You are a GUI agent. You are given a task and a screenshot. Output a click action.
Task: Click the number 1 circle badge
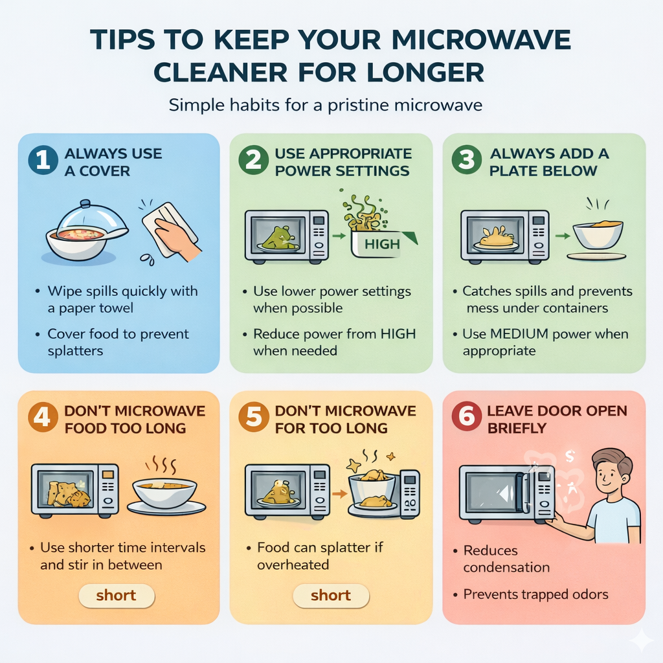[43, 162]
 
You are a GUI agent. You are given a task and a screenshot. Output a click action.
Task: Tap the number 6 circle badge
[466, 418]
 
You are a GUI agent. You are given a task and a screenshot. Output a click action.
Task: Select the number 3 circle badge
[467, 162]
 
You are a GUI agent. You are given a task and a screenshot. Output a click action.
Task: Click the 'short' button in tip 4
[117, 596]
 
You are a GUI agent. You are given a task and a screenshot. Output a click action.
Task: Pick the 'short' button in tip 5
[331, 596]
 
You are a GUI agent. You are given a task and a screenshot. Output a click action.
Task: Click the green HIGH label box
[383, 245]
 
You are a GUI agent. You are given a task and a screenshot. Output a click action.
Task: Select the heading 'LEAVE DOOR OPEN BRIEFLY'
[556, 419]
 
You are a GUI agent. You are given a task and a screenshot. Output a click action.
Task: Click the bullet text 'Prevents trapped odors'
[535, 594]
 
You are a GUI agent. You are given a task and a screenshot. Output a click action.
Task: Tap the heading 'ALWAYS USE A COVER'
[113, 162]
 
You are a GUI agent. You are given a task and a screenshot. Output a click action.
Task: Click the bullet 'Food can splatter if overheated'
[320, 556]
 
